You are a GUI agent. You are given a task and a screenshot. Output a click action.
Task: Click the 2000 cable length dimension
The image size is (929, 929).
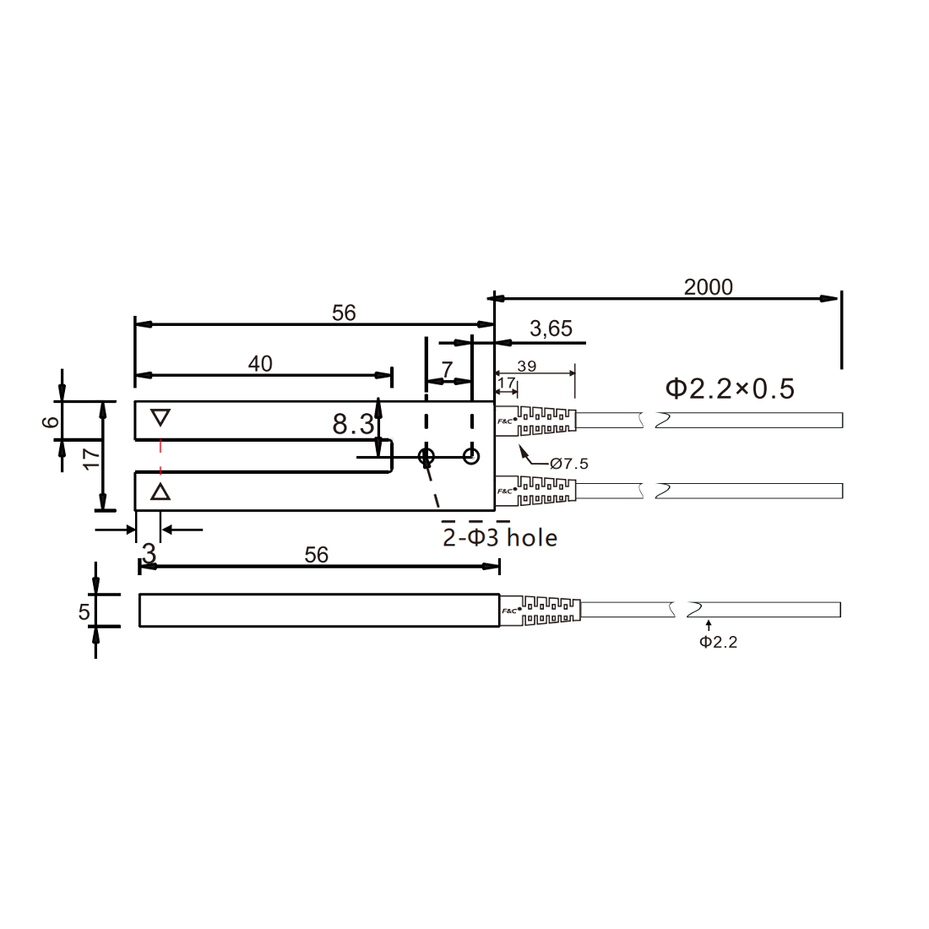(708, 287)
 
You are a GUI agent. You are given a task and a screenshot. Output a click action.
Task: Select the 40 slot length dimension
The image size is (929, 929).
(260, 364)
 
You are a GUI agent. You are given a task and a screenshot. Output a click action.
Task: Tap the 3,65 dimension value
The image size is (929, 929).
(551, 329)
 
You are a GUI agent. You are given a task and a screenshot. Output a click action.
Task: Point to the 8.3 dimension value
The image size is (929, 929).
(353, 424)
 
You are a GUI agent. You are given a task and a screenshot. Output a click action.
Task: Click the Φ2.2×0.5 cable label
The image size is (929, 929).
(730, 388)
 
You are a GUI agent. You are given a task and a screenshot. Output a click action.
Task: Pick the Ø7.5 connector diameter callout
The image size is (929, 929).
(568, 464)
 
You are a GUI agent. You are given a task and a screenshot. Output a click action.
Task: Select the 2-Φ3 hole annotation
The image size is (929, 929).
(500, 537)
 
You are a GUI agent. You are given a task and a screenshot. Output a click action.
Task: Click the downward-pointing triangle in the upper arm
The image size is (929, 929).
(160, 418)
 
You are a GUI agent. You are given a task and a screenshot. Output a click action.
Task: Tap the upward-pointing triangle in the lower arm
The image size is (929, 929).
(160, 492)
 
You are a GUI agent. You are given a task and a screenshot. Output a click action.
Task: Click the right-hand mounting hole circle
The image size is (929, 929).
(471, 456)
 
